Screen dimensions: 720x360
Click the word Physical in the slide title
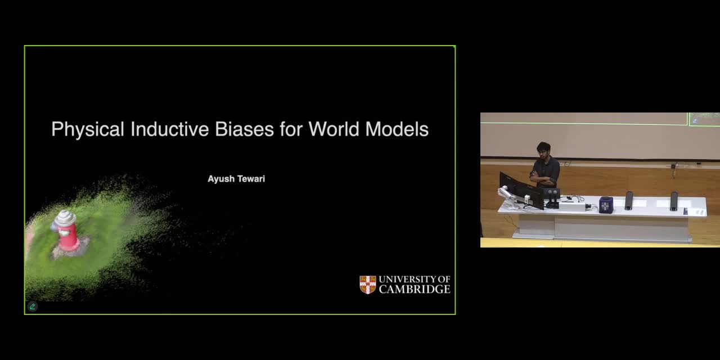click(88, 129)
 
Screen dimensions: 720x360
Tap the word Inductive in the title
click(170, 129)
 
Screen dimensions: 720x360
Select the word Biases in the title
click(244, 129)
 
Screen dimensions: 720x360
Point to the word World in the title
click(334, 129)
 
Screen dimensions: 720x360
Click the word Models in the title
click(397, 129)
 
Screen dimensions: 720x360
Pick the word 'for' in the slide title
click(291, 129)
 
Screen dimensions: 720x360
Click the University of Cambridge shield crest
click(368, 285)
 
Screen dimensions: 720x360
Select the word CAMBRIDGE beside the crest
click(415, 289)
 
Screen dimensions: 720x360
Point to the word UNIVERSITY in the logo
click(407, 279)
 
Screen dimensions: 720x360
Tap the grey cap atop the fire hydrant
click(65, 218)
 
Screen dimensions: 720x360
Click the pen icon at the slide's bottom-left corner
click(33, 307)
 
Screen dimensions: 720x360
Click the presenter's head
click(543, 150)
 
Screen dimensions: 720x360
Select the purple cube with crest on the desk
click(606, 205)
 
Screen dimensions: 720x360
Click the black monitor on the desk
click(521, 190)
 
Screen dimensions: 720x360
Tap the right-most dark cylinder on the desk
click(674, 201)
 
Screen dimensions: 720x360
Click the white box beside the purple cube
click(571, 206)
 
